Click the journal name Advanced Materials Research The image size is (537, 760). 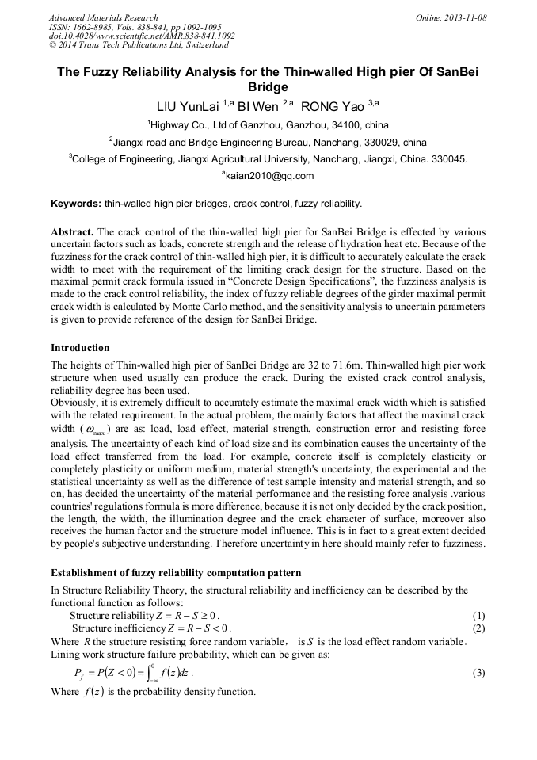click(103, 17)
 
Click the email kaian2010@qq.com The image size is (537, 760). click(269, 176)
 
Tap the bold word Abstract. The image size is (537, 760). click(72, 231)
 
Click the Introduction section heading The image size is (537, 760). click(80, 348)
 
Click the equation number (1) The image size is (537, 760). click(478, 616)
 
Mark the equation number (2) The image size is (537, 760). click(478, 628)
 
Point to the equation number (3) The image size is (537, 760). click(478, 673)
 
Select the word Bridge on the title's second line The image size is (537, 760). click(268, 86)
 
